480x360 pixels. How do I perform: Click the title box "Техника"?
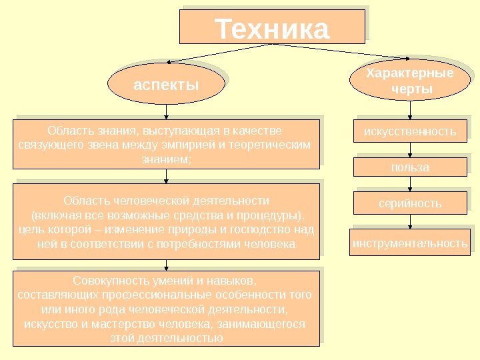click(272, 27)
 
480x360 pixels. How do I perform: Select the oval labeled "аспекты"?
click(166, 85)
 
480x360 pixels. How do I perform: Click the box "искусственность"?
click(410, 131)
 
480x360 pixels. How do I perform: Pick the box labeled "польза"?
click(410, 167)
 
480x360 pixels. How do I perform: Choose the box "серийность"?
click(410, 203)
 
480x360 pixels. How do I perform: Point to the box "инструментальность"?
click(410, 243)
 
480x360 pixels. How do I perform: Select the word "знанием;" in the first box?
click(166, 159)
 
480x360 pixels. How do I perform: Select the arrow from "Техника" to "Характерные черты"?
click(340, 53)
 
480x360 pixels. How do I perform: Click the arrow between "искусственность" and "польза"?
click(410, 149)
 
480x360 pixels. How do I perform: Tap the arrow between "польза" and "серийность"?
click(410, 185)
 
